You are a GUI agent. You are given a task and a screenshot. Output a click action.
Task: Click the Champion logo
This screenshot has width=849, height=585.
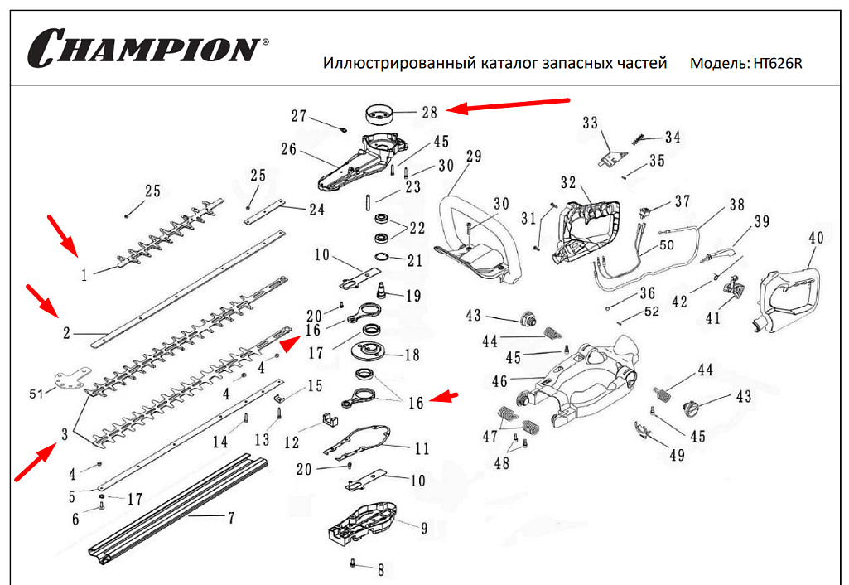click(x=147, y=48)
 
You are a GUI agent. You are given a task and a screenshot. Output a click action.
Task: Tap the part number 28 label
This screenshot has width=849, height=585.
click(x=429, y=112)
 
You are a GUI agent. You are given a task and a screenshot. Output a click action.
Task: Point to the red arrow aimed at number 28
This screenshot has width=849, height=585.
click(x=508, y=105)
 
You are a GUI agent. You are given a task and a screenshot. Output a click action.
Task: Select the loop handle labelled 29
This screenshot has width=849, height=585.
click(x=476, y=239)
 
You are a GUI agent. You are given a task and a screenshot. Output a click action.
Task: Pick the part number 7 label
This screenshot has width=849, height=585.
click(x=230, y=518)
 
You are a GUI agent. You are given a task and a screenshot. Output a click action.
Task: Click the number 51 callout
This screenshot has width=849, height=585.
click(x=36, y=394)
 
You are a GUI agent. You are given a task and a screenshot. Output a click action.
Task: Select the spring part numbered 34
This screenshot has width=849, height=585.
click(x=639, y=139)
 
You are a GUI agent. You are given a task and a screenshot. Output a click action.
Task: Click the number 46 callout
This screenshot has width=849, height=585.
click(x=499, y=381)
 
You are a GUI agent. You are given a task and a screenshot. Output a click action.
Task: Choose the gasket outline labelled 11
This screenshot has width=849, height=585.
click(x=358, y=442)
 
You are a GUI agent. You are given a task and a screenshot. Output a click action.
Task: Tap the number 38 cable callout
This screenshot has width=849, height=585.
click(x=736, y=204)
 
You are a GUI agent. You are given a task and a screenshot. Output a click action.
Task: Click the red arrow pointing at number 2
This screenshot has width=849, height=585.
click(x=42, y=301)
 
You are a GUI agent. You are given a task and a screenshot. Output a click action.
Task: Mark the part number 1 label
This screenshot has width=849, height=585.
click(x=84, y=275)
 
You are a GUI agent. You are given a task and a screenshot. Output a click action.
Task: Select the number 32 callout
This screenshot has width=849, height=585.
click(x=568, y=182)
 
